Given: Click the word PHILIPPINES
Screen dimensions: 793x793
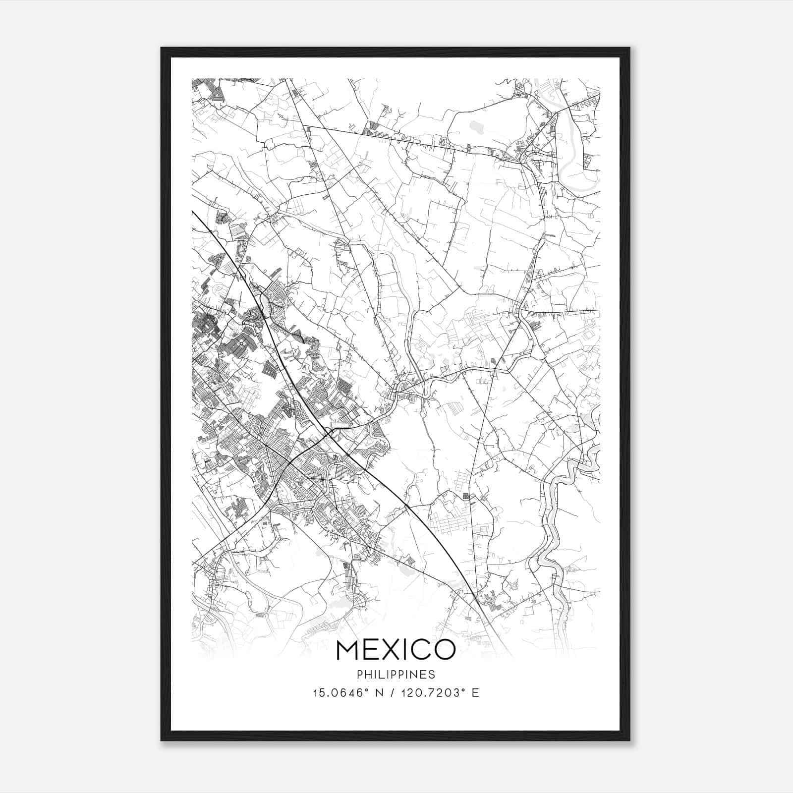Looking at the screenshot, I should pos(396,675).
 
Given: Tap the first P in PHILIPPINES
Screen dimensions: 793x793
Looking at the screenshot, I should pos(359,675).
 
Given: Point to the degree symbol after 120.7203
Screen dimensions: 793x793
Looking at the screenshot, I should pos(462,689).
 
